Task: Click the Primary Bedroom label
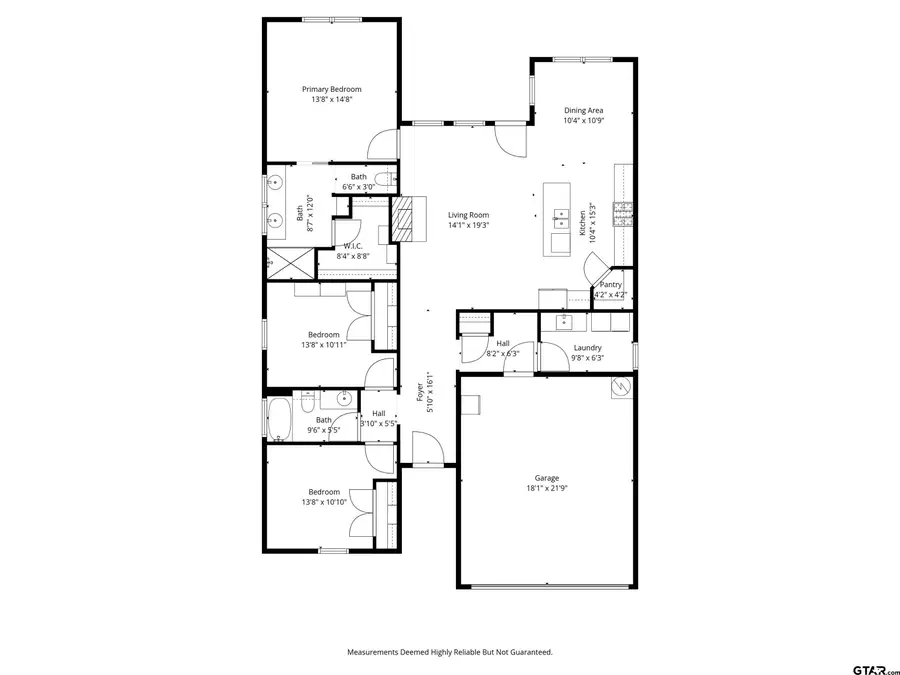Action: coord(332,89)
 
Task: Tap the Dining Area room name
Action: coord(583,110)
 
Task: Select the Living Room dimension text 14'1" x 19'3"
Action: coord(468,225)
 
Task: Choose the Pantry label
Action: coord(610,284)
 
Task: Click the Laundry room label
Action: coord(587,348)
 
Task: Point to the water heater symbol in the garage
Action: coord(621,387)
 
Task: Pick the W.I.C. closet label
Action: coord(353,246)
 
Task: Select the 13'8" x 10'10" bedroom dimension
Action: coord(323,502)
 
